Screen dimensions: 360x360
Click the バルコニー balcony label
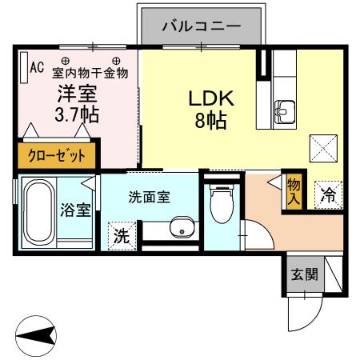201,26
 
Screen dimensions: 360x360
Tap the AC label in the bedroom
36,68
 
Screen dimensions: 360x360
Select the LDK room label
210,98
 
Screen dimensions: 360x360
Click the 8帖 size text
210,122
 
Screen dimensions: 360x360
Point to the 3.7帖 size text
77,114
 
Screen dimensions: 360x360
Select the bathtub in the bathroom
37,213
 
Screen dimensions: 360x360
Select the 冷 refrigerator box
328,194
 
